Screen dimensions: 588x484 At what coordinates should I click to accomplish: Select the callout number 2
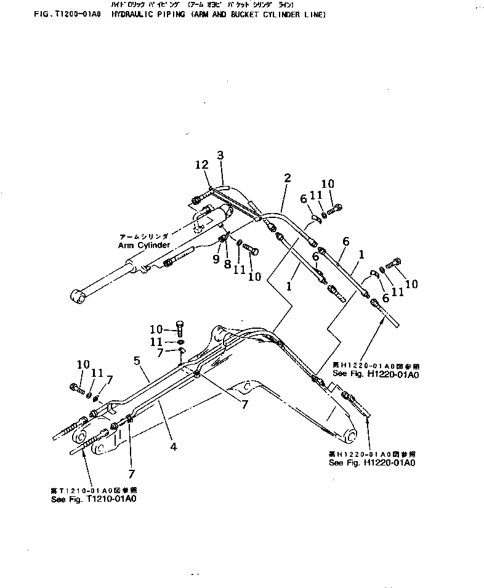[287, 179]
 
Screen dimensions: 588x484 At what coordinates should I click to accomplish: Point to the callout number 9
[216, 259]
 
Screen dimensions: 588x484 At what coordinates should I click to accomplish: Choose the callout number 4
[174, 448]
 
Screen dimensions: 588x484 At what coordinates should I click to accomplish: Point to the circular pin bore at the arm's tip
[349, 436]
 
